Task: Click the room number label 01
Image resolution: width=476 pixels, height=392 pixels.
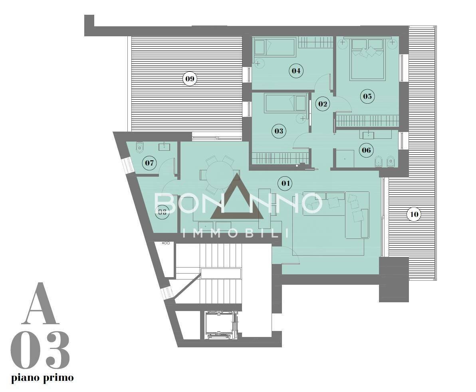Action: click(285, 183)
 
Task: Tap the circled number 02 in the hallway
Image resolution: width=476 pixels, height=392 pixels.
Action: click(323, 104)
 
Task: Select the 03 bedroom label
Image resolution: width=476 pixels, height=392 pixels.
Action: click(278, 130)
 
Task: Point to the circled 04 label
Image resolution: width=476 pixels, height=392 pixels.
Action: click(296, 71)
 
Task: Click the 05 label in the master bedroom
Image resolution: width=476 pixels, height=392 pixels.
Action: click(367, 96)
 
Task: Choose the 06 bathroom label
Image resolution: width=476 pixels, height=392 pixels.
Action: click(366, 150)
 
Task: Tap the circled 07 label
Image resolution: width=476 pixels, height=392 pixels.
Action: click(149, 163)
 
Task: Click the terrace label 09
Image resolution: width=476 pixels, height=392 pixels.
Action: click(190, 79)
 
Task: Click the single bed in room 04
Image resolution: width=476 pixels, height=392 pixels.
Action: click(275, 47)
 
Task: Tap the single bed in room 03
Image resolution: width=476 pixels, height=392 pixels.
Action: click(286, 102)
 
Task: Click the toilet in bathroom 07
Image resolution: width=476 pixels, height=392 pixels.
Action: click(139, 147)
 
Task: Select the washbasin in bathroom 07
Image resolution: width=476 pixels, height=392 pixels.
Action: click(165, 147)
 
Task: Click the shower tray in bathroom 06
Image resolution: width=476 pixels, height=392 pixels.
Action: click(345, 159)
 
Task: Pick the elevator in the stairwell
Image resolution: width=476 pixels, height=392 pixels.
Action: click(221, 325)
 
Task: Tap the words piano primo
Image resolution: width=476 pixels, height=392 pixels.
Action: click(42, 377)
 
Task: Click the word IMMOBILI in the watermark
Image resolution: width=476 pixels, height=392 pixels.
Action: click(236, 233)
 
